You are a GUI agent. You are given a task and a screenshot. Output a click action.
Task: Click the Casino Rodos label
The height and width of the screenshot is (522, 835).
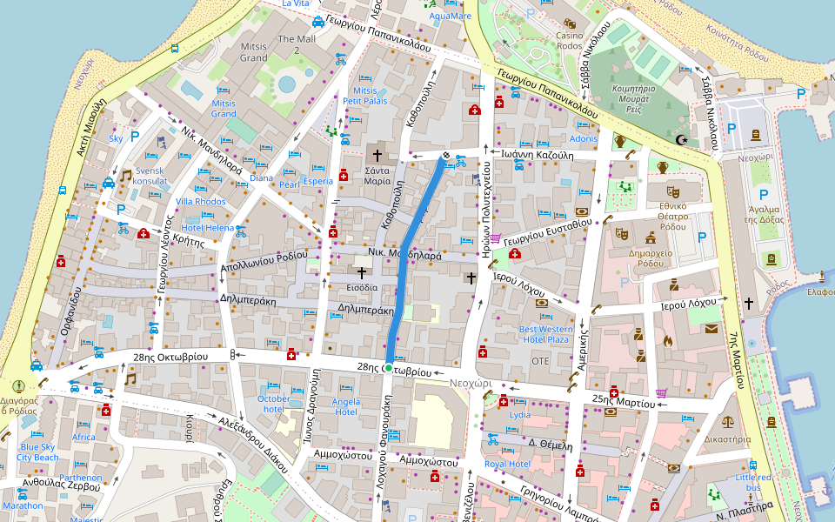pyautogui.click(x=570, y=40)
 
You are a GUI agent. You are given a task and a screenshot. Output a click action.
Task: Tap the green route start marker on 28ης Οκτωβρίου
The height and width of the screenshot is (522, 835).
pyautogui.click(x=387, y=369)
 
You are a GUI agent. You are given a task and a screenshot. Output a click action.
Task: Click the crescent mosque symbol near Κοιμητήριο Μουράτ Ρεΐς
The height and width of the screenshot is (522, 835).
pyautogui.click(x=682, y=140)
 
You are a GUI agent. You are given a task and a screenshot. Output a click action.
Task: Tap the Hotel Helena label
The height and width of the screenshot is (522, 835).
pyautogui.click(x=207, y=228)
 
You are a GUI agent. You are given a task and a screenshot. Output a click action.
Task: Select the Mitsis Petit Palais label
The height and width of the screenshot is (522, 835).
pyautogui.click(x=365, y=96)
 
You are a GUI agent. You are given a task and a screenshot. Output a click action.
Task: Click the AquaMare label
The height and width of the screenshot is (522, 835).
pyautogui.click(x=451, y=16)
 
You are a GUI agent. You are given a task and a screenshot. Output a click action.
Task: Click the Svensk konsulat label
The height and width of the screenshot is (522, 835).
pyautogui.click(x=150, y=177)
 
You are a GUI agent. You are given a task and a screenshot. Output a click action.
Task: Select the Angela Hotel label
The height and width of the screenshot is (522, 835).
pyautogui.click(x=346, y=406)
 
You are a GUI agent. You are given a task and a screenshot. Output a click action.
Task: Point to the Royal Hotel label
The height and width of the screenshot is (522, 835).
pyautogui.click(x=507, y=465)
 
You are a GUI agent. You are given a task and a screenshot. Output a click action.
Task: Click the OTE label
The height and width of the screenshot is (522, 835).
pyautogui.click(x=540, y=360)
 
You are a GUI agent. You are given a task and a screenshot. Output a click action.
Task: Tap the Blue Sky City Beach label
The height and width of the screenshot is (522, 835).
pyautogui.click(x=37, y=452)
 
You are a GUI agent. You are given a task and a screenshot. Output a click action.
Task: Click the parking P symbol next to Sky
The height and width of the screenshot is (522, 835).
pyautogui.click(x=135, y=136)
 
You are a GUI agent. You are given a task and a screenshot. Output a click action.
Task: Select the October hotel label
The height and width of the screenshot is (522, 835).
pyautogui.click(x=274, y=404)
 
